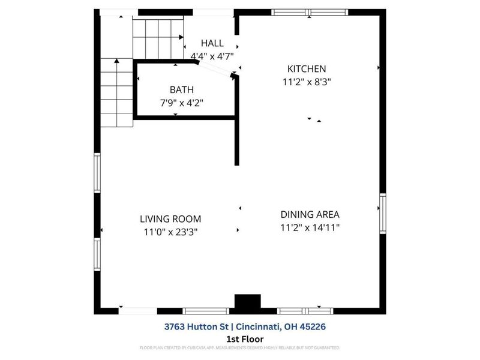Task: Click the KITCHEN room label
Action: pyautogui.click(x=307, y=69)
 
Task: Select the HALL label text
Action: pyautogui.click(x=212, y=43)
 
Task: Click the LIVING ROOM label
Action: pyautogui.click(x=170, y=219)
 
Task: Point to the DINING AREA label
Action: pyautogui.click(x=310, y=214)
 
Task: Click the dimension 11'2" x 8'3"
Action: pyautogui.click(x=307, y=82)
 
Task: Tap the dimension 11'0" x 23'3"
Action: pyautogui.click(x=170, y=232)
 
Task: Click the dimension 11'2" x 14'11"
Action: pyautogui.click(x=310, y=227)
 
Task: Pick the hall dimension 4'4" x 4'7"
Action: pyautogui.click(x=212, y=56)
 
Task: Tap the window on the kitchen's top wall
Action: pyautogui.click(x=310, y=12)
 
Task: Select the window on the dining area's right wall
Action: pyautogui.click(x=382, y=213)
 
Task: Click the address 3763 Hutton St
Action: pyautogui.click(x=197, y=327)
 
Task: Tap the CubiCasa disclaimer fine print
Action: pyautogui.click(x=240, y=347)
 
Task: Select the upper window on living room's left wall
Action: pyautogui.click(x=97, y=173)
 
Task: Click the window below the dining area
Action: pyautogui.click(x=305, y=311)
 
